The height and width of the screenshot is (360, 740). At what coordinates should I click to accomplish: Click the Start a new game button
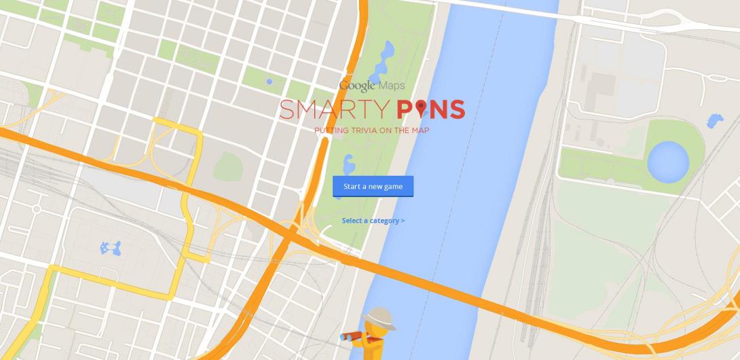point(373,186)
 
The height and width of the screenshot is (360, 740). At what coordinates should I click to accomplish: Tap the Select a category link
point(373,221)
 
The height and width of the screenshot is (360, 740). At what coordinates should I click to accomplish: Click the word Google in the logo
point(357,86)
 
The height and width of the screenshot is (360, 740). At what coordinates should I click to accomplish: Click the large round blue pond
point(668,162)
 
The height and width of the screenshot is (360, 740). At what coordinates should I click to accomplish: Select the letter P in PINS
point(406,109)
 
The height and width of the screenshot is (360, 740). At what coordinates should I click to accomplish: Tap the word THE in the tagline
point(401,130)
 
